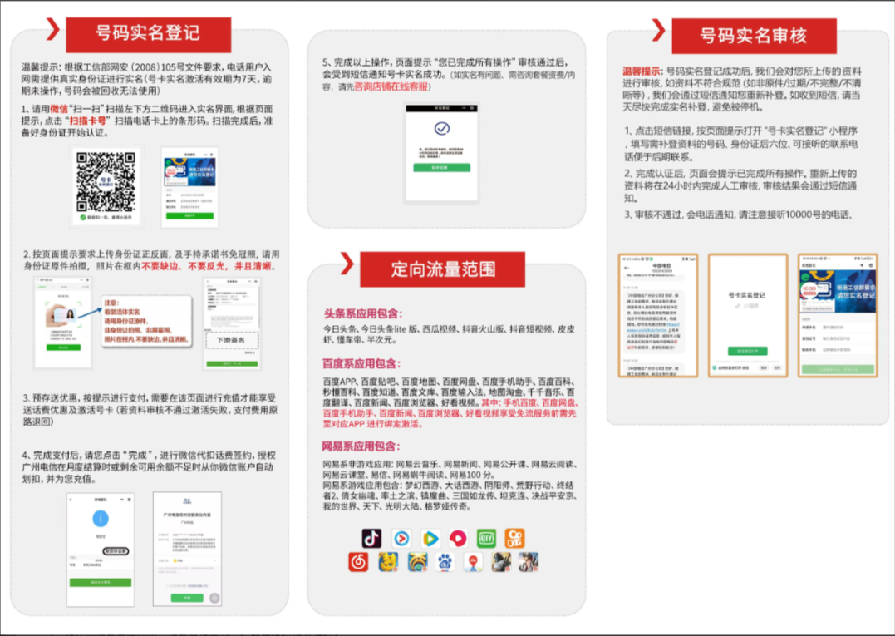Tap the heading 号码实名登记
pos(148,33)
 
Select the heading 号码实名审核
pos(753,36)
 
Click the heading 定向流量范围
pos(444,269)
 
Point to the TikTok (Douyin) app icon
pos(371,538)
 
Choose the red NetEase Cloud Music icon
pos(359,563)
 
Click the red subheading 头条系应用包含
pos(362,313)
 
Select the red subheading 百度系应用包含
pos(362,363)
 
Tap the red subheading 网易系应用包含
pos(362,446)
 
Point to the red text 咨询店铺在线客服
pos(391,86)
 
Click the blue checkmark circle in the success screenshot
pos(442,129)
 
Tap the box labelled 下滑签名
pos(232,340)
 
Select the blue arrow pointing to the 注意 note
pos(92,308)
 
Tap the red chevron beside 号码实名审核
pos(658,30)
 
